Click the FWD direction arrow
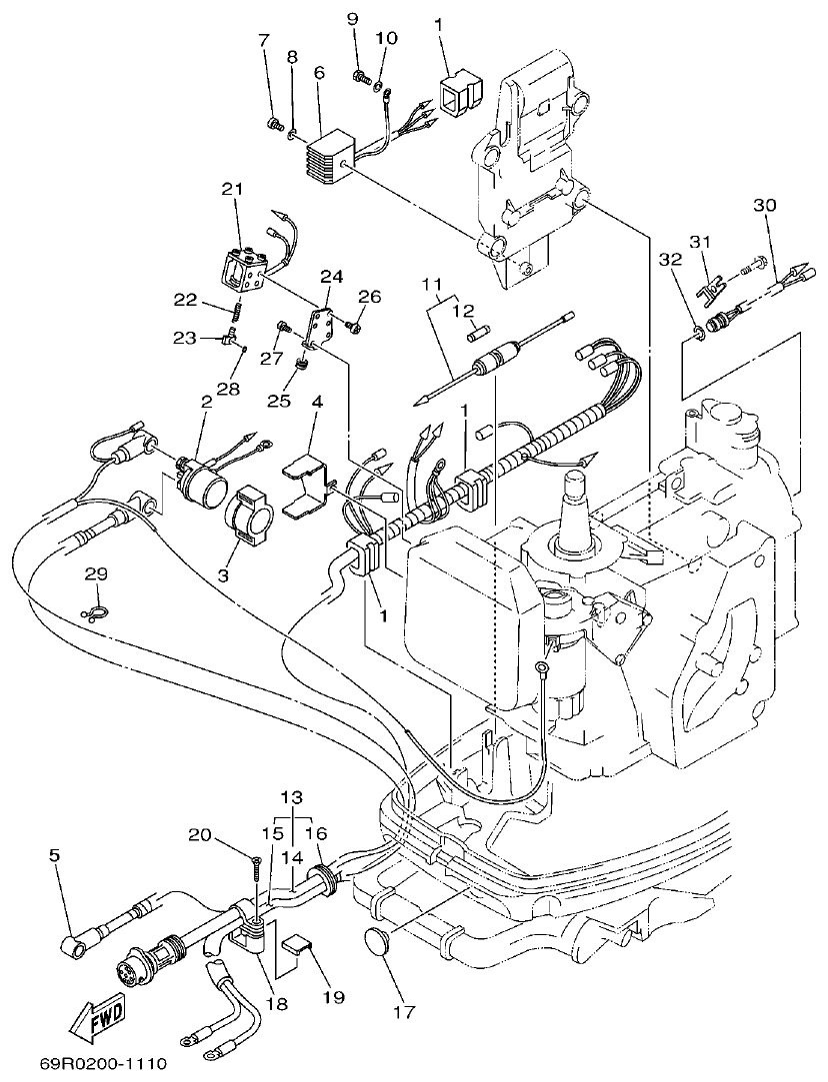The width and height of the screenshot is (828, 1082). [96, 1022]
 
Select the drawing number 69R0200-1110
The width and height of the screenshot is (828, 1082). [104, 1065]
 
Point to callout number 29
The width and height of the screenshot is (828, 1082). [95, 573]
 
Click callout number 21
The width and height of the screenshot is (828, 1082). [232, 189]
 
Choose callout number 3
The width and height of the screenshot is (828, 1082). [222, 575]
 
